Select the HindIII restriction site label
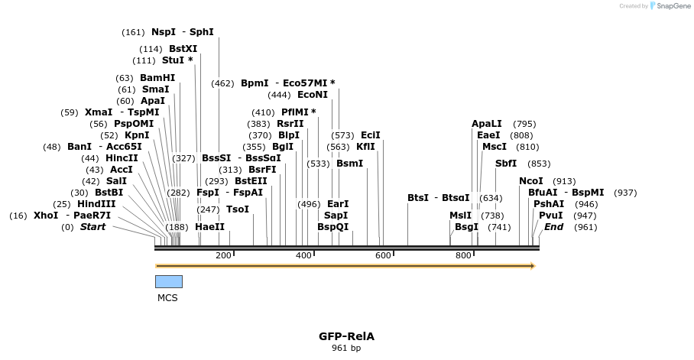click(96, 204)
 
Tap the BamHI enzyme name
click(157, 78)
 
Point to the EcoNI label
click(313, 95)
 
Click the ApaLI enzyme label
click(487, 123)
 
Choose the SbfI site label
click(506, 163)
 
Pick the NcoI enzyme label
click(531, 181)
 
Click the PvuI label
click(551, 216)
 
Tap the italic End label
click(553, 227)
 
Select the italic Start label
click(93, 227)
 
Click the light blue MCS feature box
click(169, 281)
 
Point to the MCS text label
click(167, 298)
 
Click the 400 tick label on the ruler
click(303, 255)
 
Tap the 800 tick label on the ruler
click(463, 255)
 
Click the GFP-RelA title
click(346, 336)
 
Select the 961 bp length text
click(346, 349)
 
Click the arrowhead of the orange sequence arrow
click(532, 266)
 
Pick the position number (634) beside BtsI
click(491, 198)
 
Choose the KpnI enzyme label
click(137, 135)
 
